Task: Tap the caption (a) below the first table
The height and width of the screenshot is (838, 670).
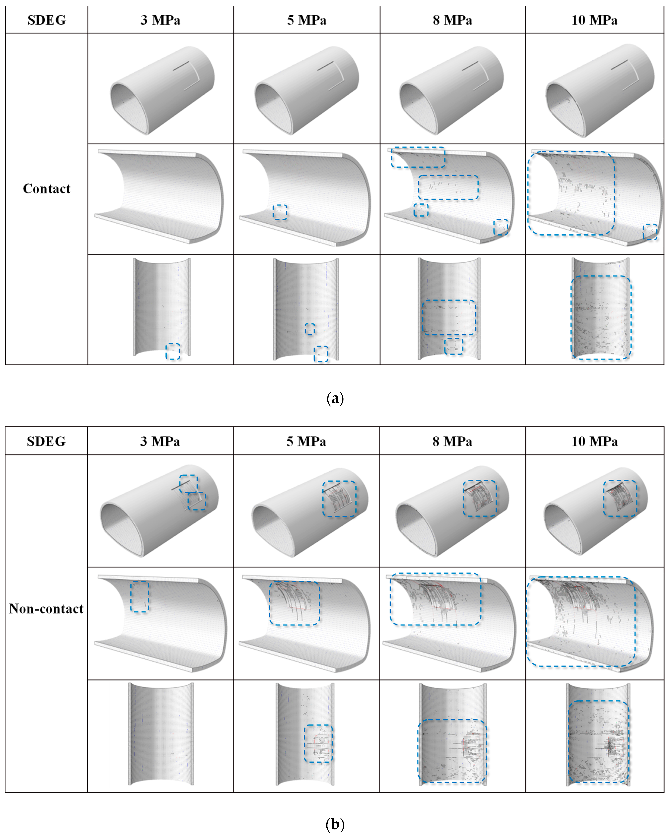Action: click(x=335, y=398)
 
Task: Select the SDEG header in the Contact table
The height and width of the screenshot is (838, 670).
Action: click(x=46, y=20)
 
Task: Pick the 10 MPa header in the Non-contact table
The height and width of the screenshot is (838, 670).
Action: click(x=594, y=441)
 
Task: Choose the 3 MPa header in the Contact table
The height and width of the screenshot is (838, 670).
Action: click(x=160, y=20)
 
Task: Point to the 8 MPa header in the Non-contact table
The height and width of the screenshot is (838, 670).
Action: click(x=452, y=441)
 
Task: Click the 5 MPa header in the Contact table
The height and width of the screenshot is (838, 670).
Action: click(x=307, y=20)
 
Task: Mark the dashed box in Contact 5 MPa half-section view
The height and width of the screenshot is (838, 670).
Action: click(x=280, y=212)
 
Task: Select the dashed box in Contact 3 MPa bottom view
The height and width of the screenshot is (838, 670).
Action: click(x=173, y=351)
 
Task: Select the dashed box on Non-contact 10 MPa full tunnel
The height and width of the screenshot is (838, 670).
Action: click(x=620, y=498)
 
